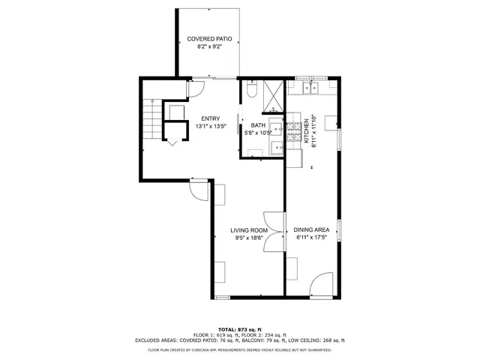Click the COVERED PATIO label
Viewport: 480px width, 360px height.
coord(208,38)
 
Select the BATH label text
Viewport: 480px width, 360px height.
coord(258,125)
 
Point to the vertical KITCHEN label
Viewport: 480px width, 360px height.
coord(306,130)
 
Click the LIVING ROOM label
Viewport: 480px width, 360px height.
coord(248,231)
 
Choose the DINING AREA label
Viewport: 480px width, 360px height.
coord(312,231)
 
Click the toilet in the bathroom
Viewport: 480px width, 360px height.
coord(253,91)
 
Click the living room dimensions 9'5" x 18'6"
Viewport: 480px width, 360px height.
coord(248,239)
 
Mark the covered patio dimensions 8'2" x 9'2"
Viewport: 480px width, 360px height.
coord(208,46)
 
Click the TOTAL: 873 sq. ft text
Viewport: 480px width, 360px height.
coord(239,329)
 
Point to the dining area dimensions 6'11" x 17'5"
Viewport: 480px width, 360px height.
coord(312,239)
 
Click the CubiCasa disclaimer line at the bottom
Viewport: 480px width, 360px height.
coord(239,349)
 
